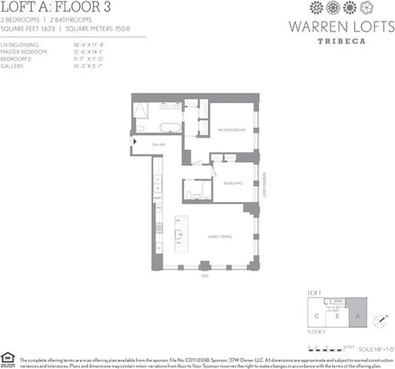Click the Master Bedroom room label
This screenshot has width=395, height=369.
click(x=232, y=130)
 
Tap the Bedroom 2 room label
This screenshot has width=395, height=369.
click(x=233, y=183)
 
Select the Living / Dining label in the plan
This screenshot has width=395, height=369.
click(x=219, y=237)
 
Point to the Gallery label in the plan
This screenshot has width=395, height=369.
click(x=159, y=145)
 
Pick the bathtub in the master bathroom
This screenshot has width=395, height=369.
click(x=170, y=127)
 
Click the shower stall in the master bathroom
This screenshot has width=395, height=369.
click(x=140, y=111)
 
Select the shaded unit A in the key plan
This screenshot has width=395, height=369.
click(x=357, y=312)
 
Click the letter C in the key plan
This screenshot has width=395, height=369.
click(x=317, y=316)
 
